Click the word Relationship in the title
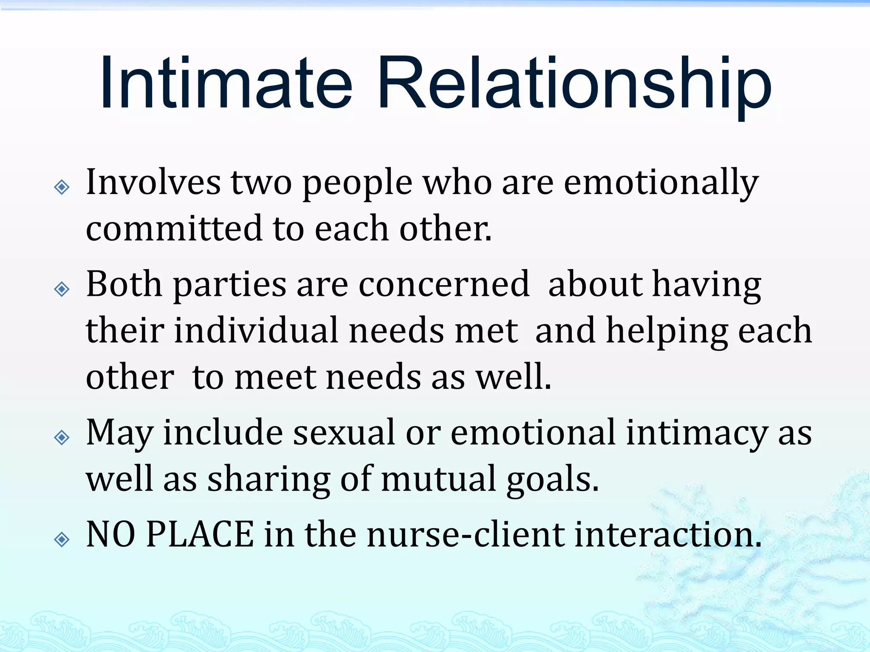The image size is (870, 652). click(573, 85)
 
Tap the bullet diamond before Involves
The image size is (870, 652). click(62, 187)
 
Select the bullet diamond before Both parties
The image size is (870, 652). click(62, 289)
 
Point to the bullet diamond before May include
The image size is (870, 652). click(62, 437)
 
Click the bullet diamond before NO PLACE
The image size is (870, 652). click(62, 539)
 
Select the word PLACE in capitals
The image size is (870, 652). click(200, 535)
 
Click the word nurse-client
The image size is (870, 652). click(465, 535)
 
